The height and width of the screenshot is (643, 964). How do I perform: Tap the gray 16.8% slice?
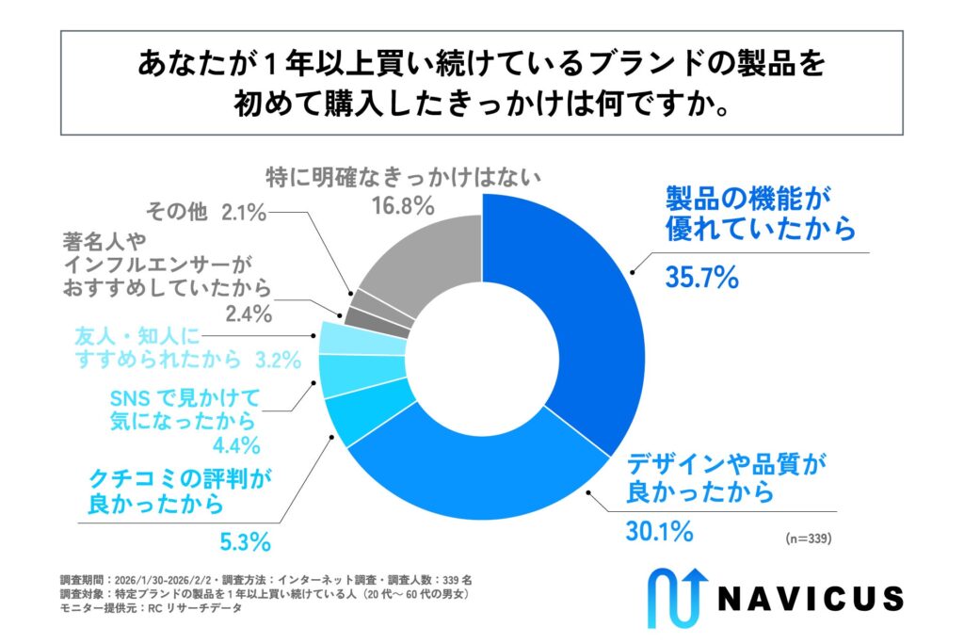point(414,249)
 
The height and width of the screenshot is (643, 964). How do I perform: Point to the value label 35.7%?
point(700,278)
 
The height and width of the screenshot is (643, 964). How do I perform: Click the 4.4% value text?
point(228,444)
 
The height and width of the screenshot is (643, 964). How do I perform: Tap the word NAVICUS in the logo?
point(811,598)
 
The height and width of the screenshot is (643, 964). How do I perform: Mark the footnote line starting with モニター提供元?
point(152,609)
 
